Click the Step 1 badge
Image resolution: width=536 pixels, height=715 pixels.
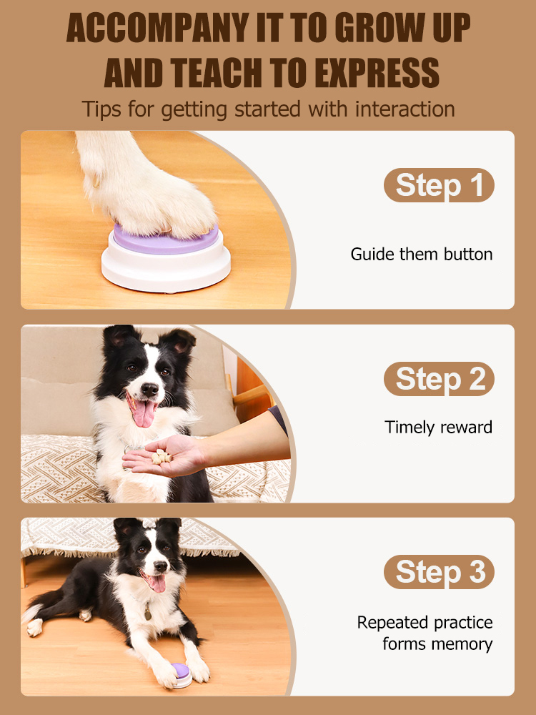click(x=439, y=185)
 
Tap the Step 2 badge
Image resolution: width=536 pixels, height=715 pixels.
click(x=439, y=379)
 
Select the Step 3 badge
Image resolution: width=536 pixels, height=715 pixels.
click(x=439, y=573)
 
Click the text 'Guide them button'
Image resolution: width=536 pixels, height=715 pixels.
click(x=421, y=255)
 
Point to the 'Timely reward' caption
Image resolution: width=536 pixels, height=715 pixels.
click(x=438, y=428)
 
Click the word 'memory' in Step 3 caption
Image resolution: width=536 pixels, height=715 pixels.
click(x=464, y=644)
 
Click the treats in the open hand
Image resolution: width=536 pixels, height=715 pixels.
click(x=162, y=455)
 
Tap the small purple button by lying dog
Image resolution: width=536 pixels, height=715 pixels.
click(x=179, y=671)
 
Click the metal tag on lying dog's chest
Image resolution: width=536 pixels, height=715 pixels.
click(x=147, y=613)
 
